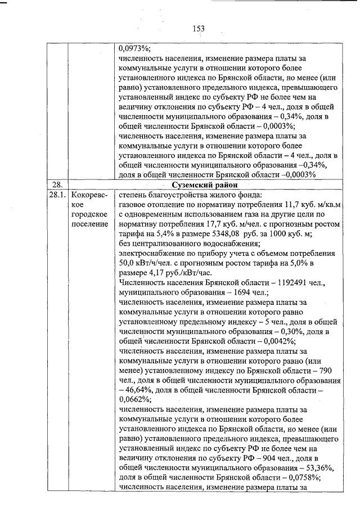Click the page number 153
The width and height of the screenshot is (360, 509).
[197, 28]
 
